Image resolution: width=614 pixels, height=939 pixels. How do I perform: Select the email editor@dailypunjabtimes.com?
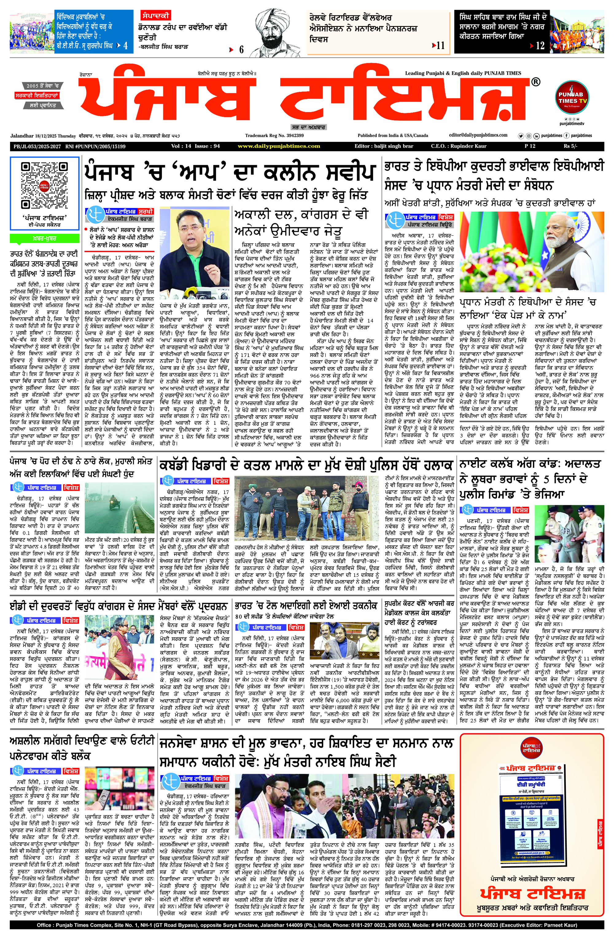click(478, 135)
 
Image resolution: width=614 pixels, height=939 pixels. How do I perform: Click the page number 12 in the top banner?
click(540, 46)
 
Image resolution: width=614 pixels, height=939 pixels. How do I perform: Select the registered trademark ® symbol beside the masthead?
click(535, 82)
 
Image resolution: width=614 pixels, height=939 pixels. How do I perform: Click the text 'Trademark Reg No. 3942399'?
click(274, 136)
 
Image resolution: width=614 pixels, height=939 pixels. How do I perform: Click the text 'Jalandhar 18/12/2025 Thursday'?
click(43, 136)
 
